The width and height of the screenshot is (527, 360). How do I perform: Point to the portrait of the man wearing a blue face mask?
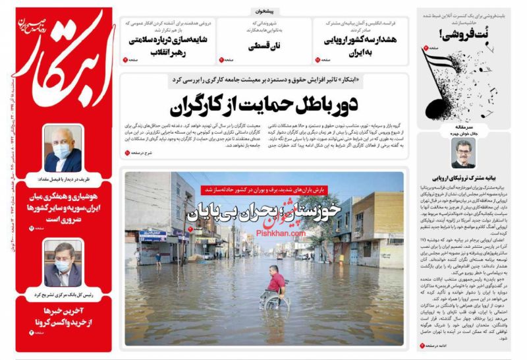61,148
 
